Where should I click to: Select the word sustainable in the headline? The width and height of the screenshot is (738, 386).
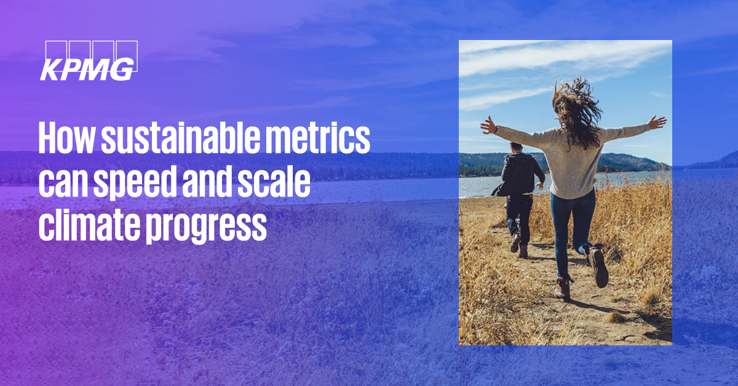point(173,140)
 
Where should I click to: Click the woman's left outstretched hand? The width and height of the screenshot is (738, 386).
point(489,125)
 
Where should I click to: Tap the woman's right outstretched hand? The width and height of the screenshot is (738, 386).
point(657,122)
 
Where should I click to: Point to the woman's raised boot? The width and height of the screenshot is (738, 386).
point(599,268)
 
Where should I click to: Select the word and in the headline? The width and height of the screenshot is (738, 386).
point(208,184)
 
